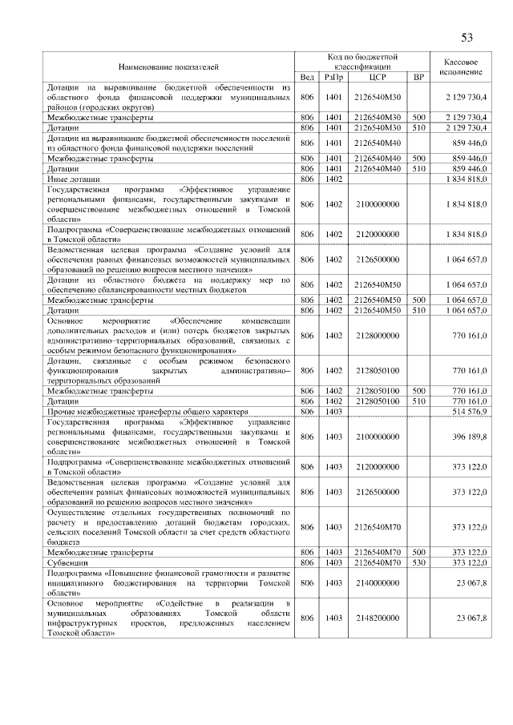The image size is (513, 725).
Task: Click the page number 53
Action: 467,38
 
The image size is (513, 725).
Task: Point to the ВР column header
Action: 418,77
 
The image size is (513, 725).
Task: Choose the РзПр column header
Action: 333,77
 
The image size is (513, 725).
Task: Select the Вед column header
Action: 306,77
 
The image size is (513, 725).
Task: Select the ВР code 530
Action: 418,563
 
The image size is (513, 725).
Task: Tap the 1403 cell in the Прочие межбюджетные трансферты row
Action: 333,411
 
